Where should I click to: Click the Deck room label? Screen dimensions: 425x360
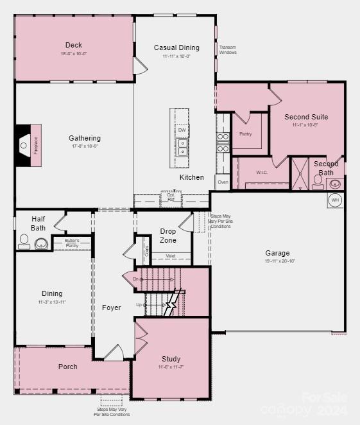pos(74,45)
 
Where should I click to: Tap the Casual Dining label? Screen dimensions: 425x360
pos(176,48)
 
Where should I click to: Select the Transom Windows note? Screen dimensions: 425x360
pos(228,49)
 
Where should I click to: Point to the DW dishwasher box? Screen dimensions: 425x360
pos(182,130)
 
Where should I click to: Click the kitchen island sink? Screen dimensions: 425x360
pos(182,152)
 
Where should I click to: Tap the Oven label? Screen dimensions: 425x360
pos(223,182)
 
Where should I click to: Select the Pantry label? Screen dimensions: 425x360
pos(245,134)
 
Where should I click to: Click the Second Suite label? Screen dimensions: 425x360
pos(306,117)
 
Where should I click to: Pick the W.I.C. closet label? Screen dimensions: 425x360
pos(262,172)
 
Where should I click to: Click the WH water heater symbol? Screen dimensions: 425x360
pos(334,200)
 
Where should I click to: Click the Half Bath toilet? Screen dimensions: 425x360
pos(24,241)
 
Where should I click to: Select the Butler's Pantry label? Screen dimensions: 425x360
pos(71,243)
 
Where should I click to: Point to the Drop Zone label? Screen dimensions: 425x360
pos(168,236)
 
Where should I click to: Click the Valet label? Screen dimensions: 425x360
pos(171,256)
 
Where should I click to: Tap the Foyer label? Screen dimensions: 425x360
pos(112,308)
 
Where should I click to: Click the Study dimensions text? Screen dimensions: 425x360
pos(171,367)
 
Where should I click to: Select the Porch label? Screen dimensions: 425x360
pos(67,367)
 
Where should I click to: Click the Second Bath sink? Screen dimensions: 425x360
pos(335,184)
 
